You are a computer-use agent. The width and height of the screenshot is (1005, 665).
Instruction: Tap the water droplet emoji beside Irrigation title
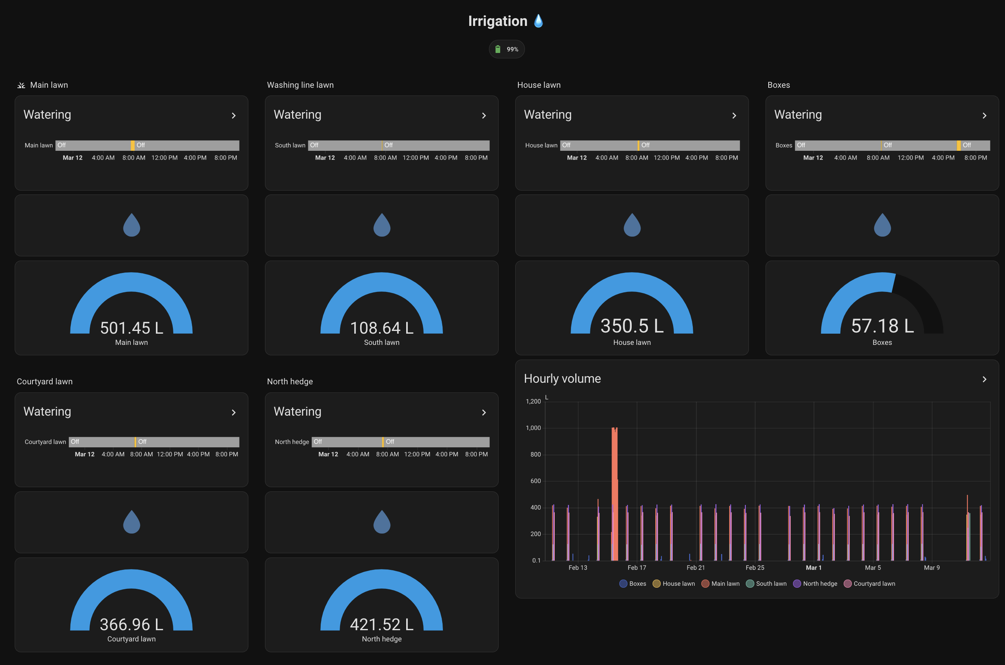click(x=538, y=21)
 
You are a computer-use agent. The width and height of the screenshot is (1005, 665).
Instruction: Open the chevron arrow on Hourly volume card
click(x=984, y=379)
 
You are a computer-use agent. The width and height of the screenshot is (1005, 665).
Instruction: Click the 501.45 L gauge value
click(x=132, y=328)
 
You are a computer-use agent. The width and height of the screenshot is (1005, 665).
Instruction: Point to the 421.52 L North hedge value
click(x=381, y=624)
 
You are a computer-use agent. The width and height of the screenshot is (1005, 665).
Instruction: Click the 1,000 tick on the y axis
click(x=533, y=428)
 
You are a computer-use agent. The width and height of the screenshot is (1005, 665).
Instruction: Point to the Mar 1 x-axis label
click(x=813, y=568)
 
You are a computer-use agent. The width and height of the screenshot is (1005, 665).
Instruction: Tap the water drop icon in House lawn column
click(x=632, y=225)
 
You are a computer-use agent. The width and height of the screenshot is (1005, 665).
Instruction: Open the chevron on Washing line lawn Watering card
click(x=484, y=115)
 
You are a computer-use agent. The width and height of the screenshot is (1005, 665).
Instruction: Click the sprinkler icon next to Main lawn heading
click(x=21, y=85)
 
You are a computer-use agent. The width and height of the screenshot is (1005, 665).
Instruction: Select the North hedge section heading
click(x=290, y=381)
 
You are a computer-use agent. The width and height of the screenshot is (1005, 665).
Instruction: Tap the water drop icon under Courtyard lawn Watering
click(x=132, y=522)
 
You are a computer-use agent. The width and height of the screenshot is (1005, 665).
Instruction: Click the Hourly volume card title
click(x=562, y=378)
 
